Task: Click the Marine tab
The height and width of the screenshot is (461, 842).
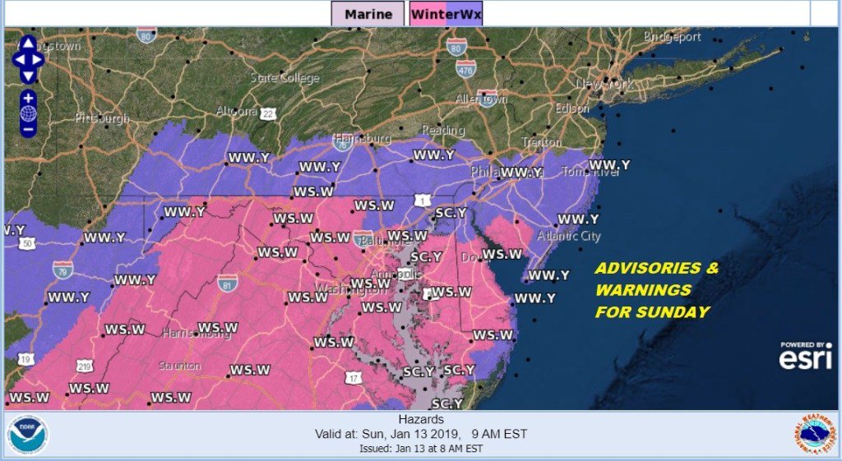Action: pyautogui.click(x=368, y=13)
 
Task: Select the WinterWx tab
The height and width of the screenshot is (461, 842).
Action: pyautogui.click(x=446, y=13)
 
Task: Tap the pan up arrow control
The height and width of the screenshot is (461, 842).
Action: pyautogui.click(x=28, y=43)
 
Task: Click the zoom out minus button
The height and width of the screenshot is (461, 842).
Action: pyautogui.click(x=28, y=129)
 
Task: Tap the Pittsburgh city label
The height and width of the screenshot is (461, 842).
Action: pyautogui.click(x=102, y=118)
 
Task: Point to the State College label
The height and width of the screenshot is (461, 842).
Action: pyautogui.click(x=285, y=78)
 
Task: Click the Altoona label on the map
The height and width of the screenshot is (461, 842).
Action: pyautogui.click(x=236, y=111)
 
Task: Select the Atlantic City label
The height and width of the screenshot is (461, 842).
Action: pyautogui.click(x=569, y=236)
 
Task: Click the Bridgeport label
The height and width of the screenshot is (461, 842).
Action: pyautogui.click(x=673, y=37)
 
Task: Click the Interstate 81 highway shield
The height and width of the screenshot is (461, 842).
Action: pyautogui.click(x=229, y=283)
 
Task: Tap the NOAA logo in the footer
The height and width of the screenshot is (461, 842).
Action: pyautogui.click(x=28, y=435)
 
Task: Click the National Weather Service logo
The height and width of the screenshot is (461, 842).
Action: pyautogui.click(x=814, y=435)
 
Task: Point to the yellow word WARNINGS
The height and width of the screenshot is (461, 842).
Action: pyautogui.click(x=643, y=290)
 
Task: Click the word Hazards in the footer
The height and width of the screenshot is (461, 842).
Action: pyautogui.click(x=421, y=419)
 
